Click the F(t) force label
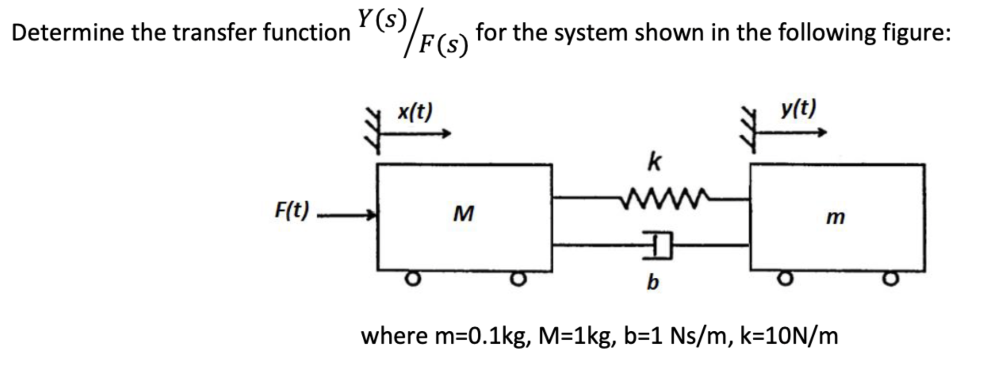pyautogui.click(x=292, y=211)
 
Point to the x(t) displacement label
pyautogui.click(x=415, y=112)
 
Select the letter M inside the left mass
pyautogui.click(x=464, y=214)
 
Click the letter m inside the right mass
pyautogui.click(x=835, y=217)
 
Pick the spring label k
pyautogui.click(x=654, y=162)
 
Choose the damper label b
pyautogui.click(x=652, y=282)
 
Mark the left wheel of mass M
pyautogui.click(x=413, y=279)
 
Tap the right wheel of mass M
pyautogui.click(x=518, y=279)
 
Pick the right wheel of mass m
pyautogui.click(x=890, y=279)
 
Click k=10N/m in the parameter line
pyautogui.click(x=789, y=336)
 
